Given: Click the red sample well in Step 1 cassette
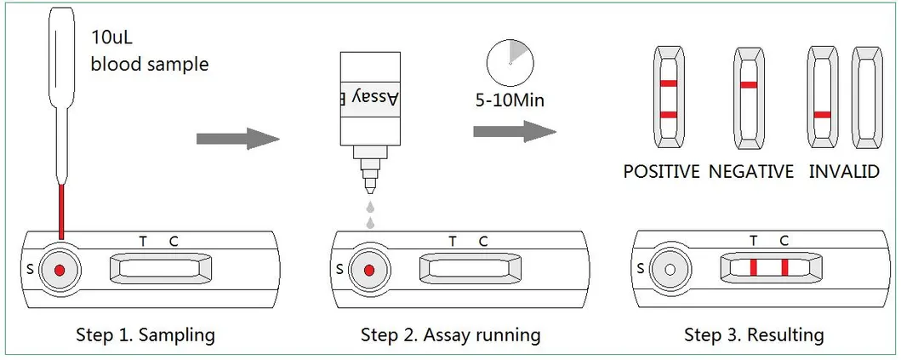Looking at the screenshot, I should point(60,270).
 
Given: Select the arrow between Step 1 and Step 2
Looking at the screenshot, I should point(237,140).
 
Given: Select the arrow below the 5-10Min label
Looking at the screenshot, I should point(514,132).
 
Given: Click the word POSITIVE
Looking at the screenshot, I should point(661,172).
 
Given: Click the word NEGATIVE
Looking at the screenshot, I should point(750,172).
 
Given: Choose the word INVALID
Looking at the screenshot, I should point(843,172).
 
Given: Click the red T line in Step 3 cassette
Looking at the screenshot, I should point(754,268).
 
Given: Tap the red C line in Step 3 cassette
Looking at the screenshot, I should point(784,268).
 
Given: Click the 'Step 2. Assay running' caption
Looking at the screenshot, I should point(450,334).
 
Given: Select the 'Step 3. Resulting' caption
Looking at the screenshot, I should point(754,334).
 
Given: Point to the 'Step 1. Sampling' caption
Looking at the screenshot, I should point(145,334).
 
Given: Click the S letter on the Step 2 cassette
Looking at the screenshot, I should point(339,271).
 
